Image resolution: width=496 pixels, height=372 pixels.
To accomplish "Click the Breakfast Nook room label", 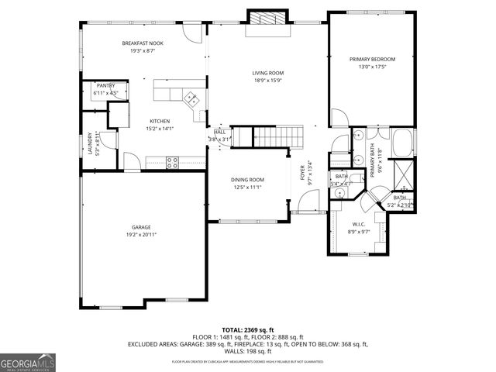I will tap(139, 43).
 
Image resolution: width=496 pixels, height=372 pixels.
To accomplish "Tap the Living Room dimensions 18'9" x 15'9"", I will tap(268, 80).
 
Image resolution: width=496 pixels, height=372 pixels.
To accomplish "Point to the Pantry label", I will tap(105, 86).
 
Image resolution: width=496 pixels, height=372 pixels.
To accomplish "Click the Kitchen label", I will tap(160, 121).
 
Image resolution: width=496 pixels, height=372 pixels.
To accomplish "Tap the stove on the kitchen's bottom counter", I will tap(172, 162).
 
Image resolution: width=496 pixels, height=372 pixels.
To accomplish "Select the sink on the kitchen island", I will tap(191, 98).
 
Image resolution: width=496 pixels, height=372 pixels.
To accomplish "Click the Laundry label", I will tap(90, 143).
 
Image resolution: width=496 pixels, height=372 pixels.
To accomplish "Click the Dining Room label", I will tap(246, 180).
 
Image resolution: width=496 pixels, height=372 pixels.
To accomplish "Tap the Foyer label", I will tap(303, 174).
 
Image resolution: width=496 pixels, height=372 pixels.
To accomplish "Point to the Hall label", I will tap(220, 133).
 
